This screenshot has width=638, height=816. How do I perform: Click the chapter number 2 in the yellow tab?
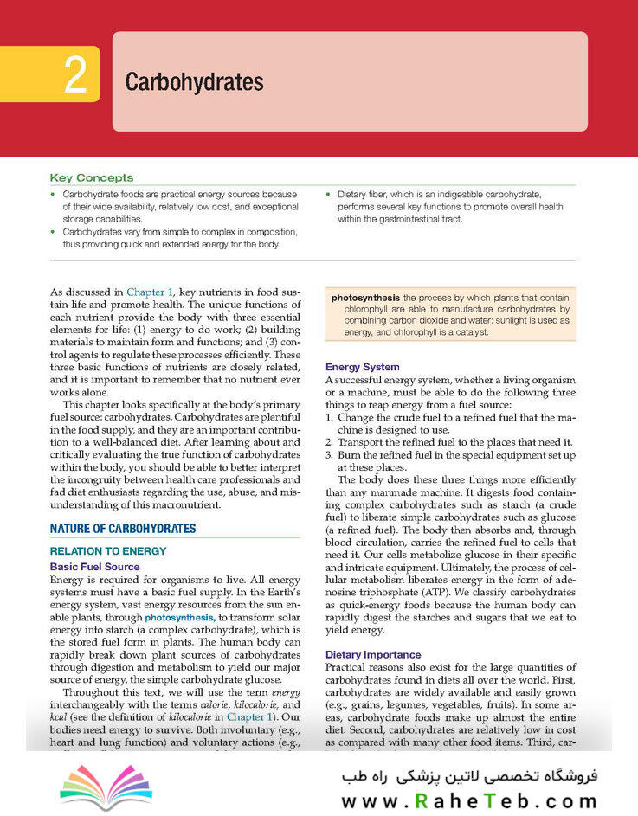[x=75, y=76]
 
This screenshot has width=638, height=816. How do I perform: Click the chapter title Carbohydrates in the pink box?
[x=194, y=82]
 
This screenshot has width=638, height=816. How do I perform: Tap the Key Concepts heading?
[x=92, y=177]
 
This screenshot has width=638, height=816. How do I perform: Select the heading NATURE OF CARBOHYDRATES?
[x=123, y=529]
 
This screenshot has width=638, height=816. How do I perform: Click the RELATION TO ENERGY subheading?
[x=108, y=551]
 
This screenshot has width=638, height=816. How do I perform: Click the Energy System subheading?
[x=362, y=367]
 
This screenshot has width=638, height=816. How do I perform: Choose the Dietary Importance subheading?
[x=373, y=655]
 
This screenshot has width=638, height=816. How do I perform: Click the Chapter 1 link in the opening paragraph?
[x=154, y=294]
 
